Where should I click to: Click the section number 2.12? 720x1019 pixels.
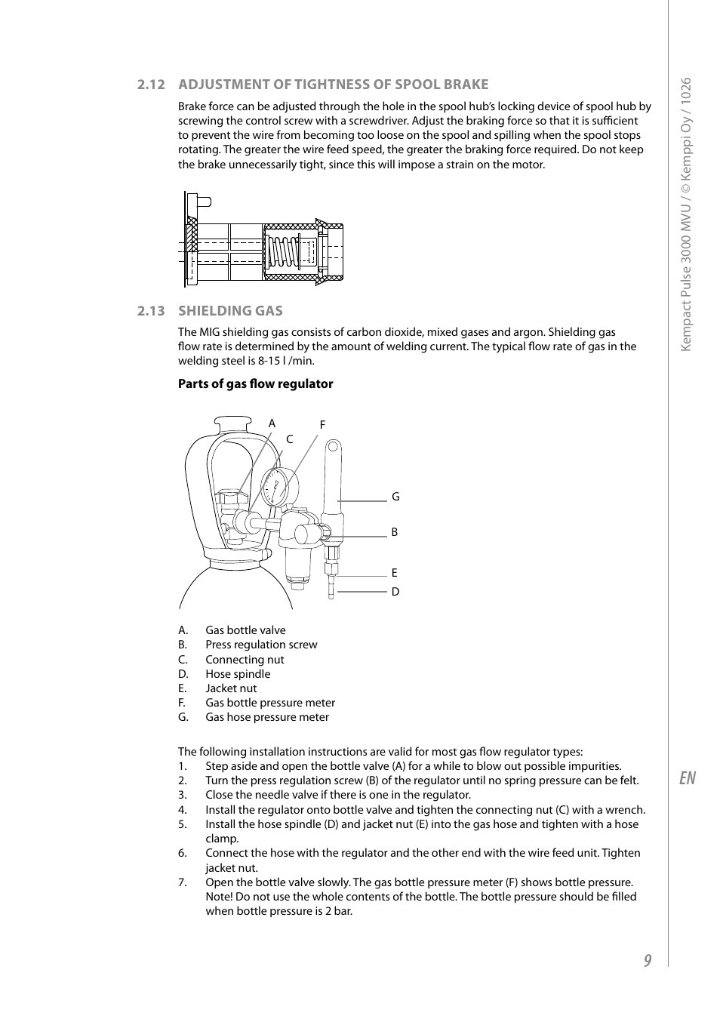click(x=151, y=85)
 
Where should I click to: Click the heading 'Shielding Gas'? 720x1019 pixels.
click(x=230, y=310)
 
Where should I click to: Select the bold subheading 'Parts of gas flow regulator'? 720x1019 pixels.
click(x=255, y=383)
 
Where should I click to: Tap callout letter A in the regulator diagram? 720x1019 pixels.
click(x=272, y=423)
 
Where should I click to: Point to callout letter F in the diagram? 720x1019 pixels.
click(x=322, y=425)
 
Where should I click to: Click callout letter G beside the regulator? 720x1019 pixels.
click(x=395, y=497)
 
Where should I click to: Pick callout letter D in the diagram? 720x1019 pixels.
click(x=395, y=592)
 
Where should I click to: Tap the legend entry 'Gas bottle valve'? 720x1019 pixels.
click(x=245, y=630)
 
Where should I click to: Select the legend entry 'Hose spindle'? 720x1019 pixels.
click(x=238, y=674)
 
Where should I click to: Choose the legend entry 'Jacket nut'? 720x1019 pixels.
click(x=231, y=688)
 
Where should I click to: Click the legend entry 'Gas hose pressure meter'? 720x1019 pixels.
click(x=267, y=717)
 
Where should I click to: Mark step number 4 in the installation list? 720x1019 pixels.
click(x=183, y=810)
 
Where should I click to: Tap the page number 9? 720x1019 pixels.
click(x=648, y=960)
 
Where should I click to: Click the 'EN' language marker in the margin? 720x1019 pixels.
click(x=687, y=778)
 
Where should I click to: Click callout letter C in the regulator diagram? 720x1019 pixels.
click(x=289, y=439)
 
